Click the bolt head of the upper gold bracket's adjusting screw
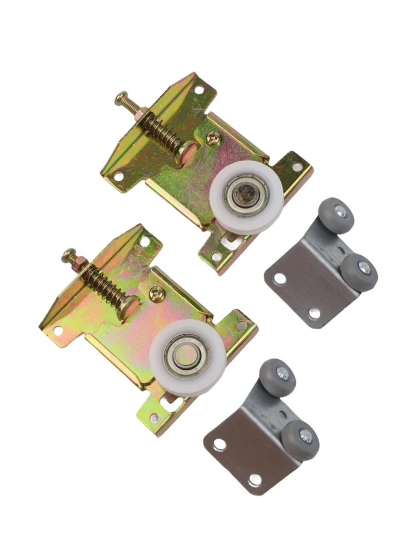(122, 100)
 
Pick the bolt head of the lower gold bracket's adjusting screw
(69, 255)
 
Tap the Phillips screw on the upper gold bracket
(212, 138)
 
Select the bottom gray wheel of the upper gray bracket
(360, 271)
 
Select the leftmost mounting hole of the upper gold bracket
(118, 176)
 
